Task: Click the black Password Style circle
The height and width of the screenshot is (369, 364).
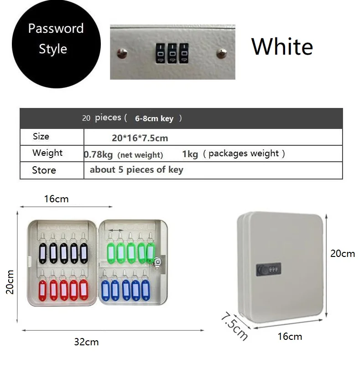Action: (x=56, y=44)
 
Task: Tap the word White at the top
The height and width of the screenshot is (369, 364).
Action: (x=282, y=46)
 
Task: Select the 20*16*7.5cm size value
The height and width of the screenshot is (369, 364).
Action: (x=140, y=138)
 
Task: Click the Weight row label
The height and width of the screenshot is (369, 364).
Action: (x=47, y=153)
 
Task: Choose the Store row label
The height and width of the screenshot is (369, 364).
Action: (x=44, y=170)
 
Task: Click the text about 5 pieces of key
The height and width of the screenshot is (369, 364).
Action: (x=136, y=170)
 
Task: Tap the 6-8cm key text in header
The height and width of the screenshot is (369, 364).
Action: (x=154, y=118)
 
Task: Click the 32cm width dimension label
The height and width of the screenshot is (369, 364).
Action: (x=86, y=342)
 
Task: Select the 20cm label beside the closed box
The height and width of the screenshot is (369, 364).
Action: (x=343, y=253)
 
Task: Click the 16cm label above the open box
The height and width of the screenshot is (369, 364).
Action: (x=56, y=199)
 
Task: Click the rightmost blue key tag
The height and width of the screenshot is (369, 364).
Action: (x=146, y=290)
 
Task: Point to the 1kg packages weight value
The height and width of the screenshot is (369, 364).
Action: (x=190, y=154)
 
